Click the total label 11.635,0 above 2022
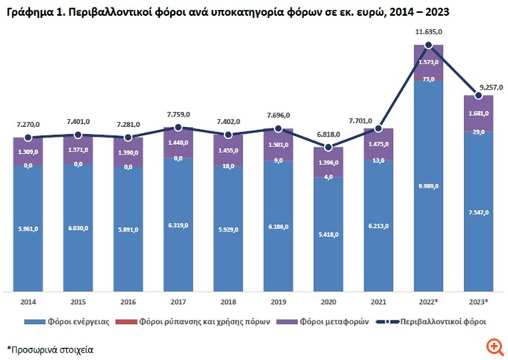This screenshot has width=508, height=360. click(428, 32)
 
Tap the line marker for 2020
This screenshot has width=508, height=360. click(329, 147)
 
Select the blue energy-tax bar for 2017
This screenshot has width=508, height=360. click(178, 224)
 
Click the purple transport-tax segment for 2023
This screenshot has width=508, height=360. click(479, 113)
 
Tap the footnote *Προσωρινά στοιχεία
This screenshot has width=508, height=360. click(51, 349)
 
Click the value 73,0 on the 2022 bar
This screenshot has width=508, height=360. click(429, 78)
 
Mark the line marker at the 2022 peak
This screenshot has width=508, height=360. click(429, 46)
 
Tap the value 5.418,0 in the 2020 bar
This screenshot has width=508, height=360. click(329, 234)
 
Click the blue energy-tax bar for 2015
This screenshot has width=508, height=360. click(78, 229)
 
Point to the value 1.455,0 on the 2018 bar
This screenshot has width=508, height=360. click(228, 150)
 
